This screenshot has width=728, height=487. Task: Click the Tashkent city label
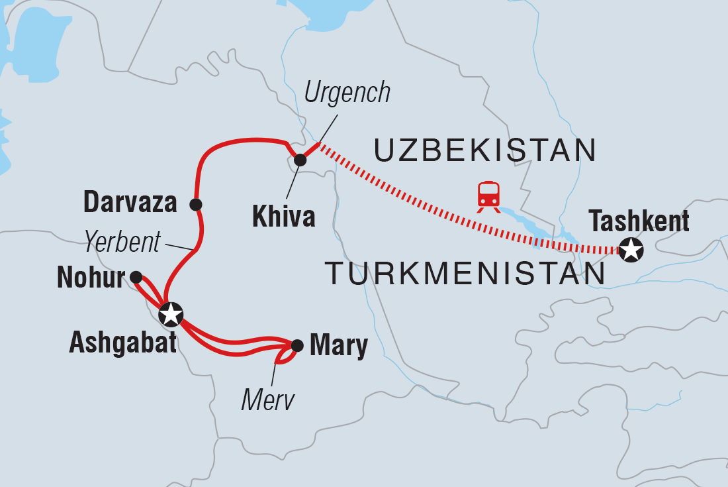pos(639,221)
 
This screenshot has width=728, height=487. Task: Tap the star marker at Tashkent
pos(631,250)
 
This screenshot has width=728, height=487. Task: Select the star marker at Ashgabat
pos(171,313)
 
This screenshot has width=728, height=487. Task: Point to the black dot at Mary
pos(297,345)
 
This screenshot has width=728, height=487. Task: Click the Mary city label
pos(338,346)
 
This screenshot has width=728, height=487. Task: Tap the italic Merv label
pos(267,399)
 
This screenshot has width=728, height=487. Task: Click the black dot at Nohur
pos(136,276)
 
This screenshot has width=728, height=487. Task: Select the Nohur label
pos(91,278)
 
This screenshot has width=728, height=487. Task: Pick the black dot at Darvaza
pos(195,204)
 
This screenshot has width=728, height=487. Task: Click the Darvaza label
pos(130,203)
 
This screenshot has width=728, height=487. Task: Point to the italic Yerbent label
pos(122,243)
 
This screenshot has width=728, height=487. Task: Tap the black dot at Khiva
pos(300,160)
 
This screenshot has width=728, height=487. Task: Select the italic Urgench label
pos(347,93)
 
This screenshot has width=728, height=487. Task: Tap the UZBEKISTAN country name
pos(485,151)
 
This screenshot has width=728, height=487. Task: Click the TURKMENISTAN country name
pos(465,274)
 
